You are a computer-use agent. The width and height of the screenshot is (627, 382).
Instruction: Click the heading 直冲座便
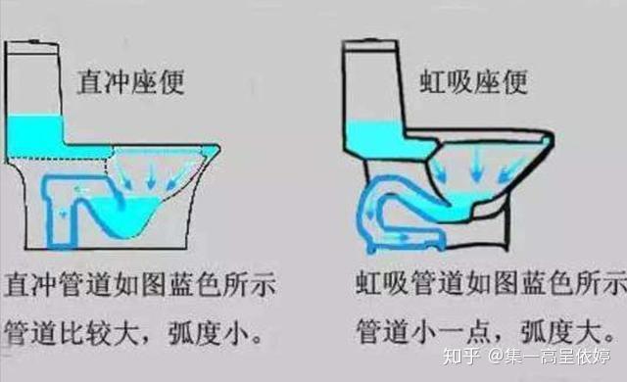(130, 82)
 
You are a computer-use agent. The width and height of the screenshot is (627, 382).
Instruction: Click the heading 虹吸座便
(473, 82)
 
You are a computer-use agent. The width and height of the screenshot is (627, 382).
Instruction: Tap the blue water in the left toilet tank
(35, 136)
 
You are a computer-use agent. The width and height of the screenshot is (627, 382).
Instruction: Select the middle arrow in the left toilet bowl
(151, 175)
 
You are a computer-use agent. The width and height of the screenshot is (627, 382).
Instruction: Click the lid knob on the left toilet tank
(35, 41)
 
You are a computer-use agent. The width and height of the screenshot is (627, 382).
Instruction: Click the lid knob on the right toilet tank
(371, 40)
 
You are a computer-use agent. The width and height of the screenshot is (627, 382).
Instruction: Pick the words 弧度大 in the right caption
(561, 331)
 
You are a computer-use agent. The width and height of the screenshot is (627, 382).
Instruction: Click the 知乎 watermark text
(461, 357)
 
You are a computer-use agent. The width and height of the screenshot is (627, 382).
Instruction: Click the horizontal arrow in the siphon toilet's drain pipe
(399, 237)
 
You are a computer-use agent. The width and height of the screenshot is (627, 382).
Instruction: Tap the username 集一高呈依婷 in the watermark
(557, 357)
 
